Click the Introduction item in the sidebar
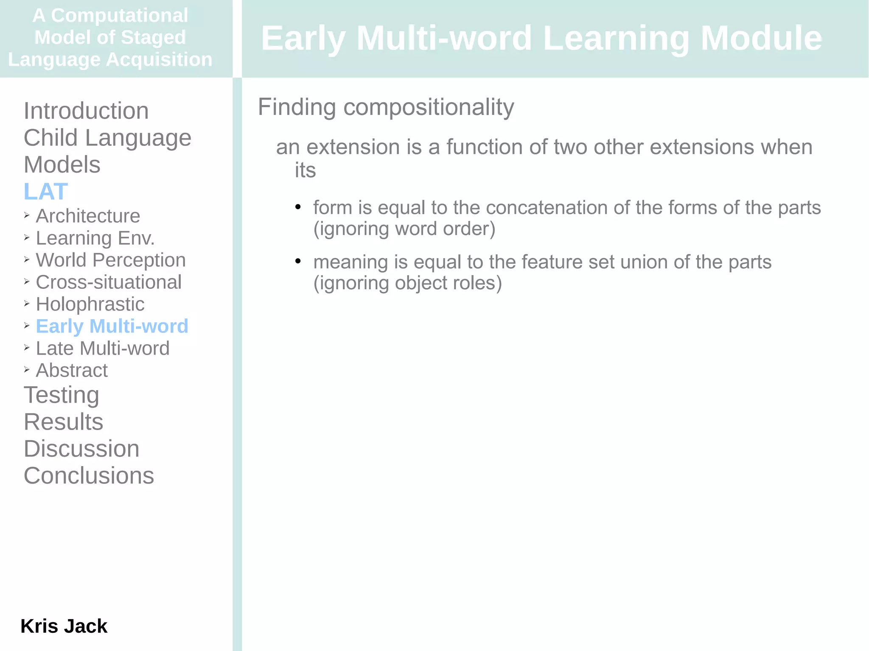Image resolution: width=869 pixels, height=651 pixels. point(86,111)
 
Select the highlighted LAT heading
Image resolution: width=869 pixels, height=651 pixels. point(46,191)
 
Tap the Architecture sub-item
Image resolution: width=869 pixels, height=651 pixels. point(88,216)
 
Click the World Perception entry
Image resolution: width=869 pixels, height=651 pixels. point(111,260)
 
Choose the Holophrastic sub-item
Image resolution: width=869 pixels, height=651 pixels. point(90,304)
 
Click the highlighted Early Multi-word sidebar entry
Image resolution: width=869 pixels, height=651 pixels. point(112,326)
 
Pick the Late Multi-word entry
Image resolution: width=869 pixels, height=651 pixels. point(103,348)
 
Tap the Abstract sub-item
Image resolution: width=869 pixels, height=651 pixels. point(72,370)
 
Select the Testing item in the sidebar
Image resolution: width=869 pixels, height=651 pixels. point(62,395)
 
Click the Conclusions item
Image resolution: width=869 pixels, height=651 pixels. point(89,475)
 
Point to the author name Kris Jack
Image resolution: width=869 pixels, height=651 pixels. point(64,626)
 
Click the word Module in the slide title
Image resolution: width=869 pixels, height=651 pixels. point(761,38)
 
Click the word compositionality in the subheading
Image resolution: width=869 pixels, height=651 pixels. point(429,107)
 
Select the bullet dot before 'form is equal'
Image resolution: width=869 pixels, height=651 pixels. point(298,207)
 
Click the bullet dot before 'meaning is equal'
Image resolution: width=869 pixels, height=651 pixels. point(298,261)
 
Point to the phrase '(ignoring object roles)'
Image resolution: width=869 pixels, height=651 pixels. point(407,283)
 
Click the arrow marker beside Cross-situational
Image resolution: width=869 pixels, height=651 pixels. point(27,282)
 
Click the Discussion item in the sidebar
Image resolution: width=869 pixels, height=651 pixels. point(81,449)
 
